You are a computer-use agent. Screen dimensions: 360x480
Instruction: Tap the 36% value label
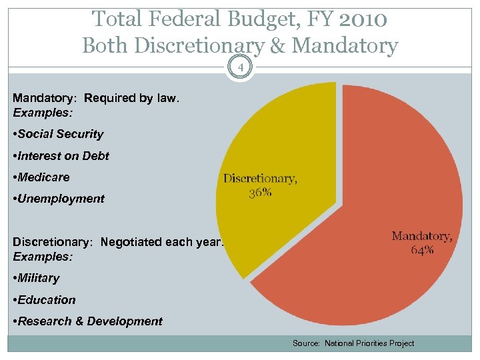[x=260, y=193]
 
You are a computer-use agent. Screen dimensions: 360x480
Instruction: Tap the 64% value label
[x=422, y=250]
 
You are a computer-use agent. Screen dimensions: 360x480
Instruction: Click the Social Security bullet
[x=59, y=134]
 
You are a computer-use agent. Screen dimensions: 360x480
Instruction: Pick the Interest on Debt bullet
[x=61, y=156]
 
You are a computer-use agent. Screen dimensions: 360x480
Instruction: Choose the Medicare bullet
[x=41, y=177]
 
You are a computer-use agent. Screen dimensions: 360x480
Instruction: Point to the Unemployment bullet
[x=59, y=199]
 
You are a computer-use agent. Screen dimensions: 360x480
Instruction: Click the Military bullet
[x=37, y=278]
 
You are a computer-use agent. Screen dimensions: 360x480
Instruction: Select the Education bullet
[x=45, y=300]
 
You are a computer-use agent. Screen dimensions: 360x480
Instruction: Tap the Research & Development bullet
[x=88, y=321]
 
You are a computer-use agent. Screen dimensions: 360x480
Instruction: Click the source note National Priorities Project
[x=353, y=343]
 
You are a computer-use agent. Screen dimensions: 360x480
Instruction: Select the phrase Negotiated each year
[x=162, y=243]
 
